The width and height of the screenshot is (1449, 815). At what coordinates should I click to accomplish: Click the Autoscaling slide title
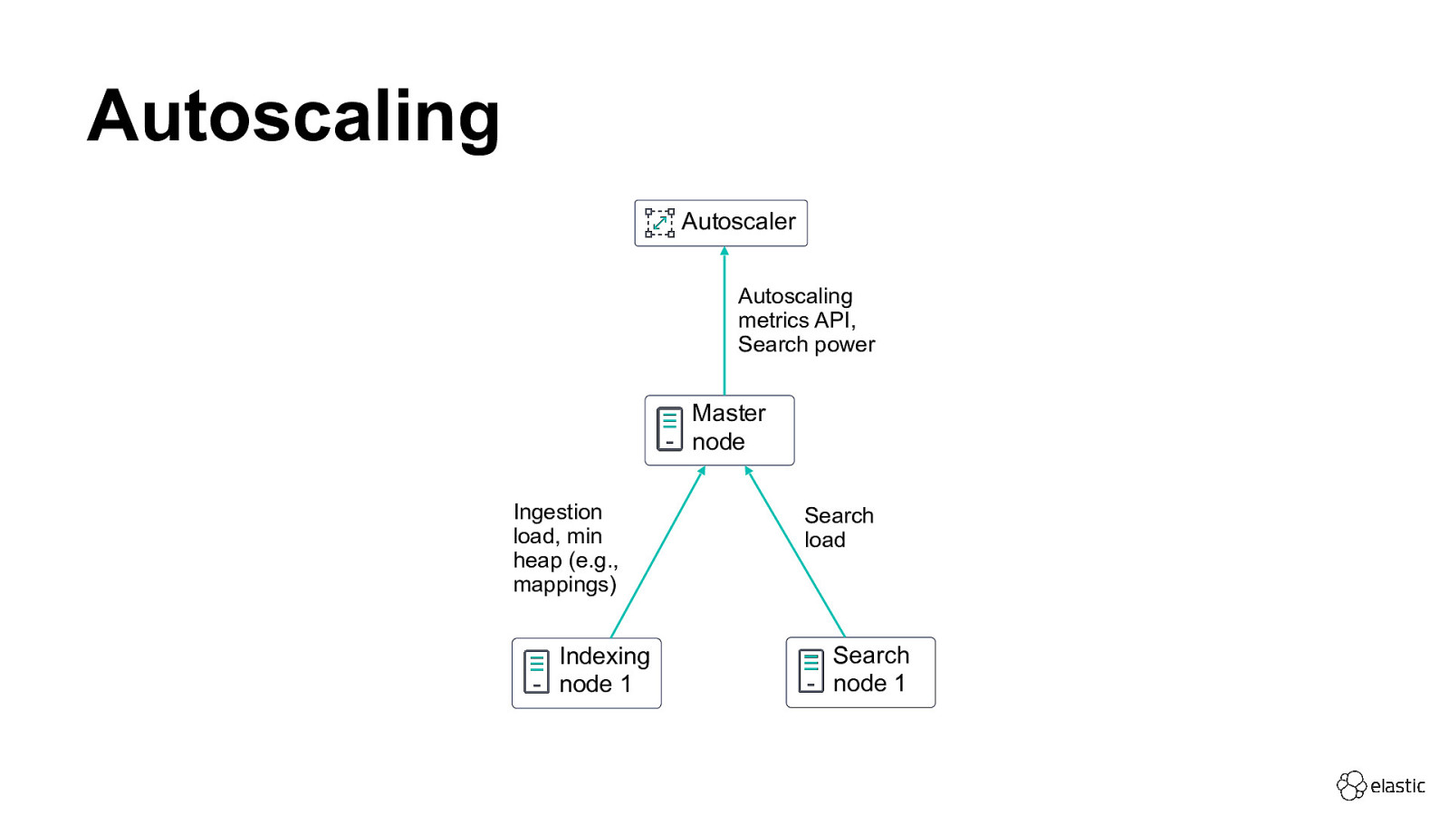click(x=293, y=117)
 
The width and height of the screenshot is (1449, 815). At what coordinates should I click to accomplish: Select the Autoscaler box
click(x=721, y=223)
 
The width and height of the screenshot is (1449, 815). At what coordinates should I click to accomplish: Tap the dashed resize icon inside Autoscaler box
click(x=659, y=223)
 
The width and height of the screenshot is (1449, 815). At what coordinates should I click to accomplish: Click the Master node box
click(x=719, y=430)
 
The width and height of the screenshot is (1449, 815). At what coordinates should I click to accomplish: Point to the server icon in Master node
click(x=669, y=429)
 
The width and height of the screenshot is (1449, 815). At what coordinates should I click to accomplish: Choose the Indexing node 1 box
click(x=586, y=673)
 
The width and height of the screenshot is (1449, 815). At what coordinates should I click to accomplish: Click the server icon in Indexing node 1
click(x=536, y=672)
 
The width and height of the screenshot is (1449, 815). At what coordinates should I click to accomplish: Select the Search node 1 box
click(x=860, y=672)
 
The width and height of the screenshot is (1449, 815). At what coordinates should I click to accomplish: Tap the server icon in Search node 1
click(x=811, y=671)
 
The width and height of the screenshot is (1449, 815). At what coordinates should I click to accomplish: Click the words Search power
click(x=806, y=345)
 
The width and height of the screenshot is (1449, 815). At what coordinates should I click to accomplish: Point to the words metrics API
click(x=796, y=321)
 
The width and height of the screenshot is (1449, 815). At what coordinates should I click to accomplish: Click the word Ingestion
click(x=557, y=513)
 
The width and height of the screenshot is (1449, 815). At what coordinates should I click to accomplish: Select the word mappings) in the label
click(x=564, y=585)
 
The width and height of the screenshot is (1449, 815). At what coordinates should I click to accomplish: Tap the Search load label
click(x=838, y=527)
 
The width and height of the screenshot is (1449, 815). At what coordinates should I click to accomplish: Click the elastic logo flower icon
click(x=1351, y=785)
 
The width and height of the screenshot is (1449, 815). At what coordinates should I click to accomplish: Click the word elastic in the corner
click(x=1397, y=786)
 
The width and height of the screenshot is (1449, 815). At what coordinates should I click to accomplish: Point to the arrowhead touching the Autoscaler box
click(x=724, y=251)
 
